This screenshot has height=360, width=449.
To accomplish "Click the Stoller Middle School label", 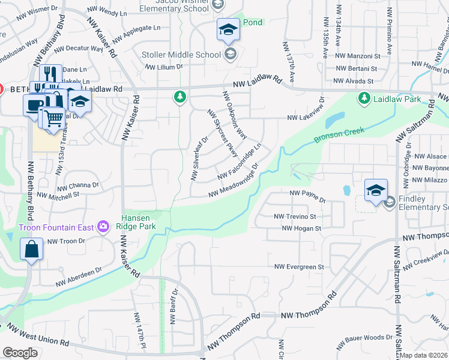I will click(181, 55).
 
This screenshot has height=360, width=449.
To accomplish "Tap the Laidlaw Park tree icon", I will click(363, 98).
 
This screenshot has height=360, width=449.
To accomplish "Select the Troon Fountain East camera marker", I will click(103, 227).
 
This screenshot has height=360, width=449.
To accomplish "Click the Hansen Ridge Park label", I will click(139, 221).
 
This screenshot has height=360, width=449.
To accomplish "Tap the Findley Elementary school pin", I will click(376, 191).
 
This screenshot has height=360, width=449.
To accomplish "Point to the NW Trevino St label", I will click(295, 216).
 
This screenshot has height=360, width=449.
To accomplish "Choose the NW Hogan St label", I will click(301, 228).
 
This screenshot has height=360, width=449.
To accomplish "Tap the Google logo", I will click(20, 352).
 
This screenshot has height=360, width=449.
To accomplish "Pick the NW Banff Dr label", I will click(173, 307).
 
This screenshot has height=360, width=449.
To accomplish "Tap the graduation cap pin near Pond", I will click(228, 30).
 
